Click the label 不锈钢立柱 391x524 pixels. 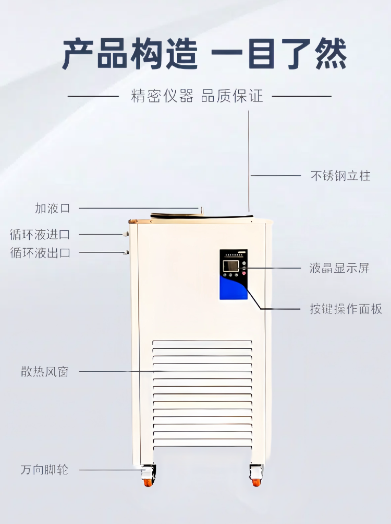[340, 176]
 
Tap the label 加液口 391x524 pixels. [52, 208]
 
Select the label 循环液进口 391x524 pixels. [40, 234]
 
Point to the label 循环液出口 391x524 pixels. [40, 253]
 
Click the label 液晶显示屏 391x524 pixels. [339, 269]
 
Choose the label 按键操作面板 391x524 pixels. [346, 309]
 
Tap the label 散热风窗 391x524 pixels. [45, 372]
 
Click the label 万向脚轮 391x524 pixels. [44, 470]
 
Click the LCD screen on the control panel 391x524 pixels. [230, 266]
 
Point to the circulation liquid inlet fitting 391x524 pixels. [126, 234]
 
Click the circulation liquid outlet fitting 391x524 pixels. [126, 253]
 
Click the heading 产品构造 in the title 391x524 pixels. [130, 54]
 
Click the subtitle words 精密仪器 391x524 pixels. [162, 97]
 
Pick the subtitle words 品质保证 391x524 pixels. [232, 97]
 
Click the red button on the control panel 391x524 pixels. [243, 273]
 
